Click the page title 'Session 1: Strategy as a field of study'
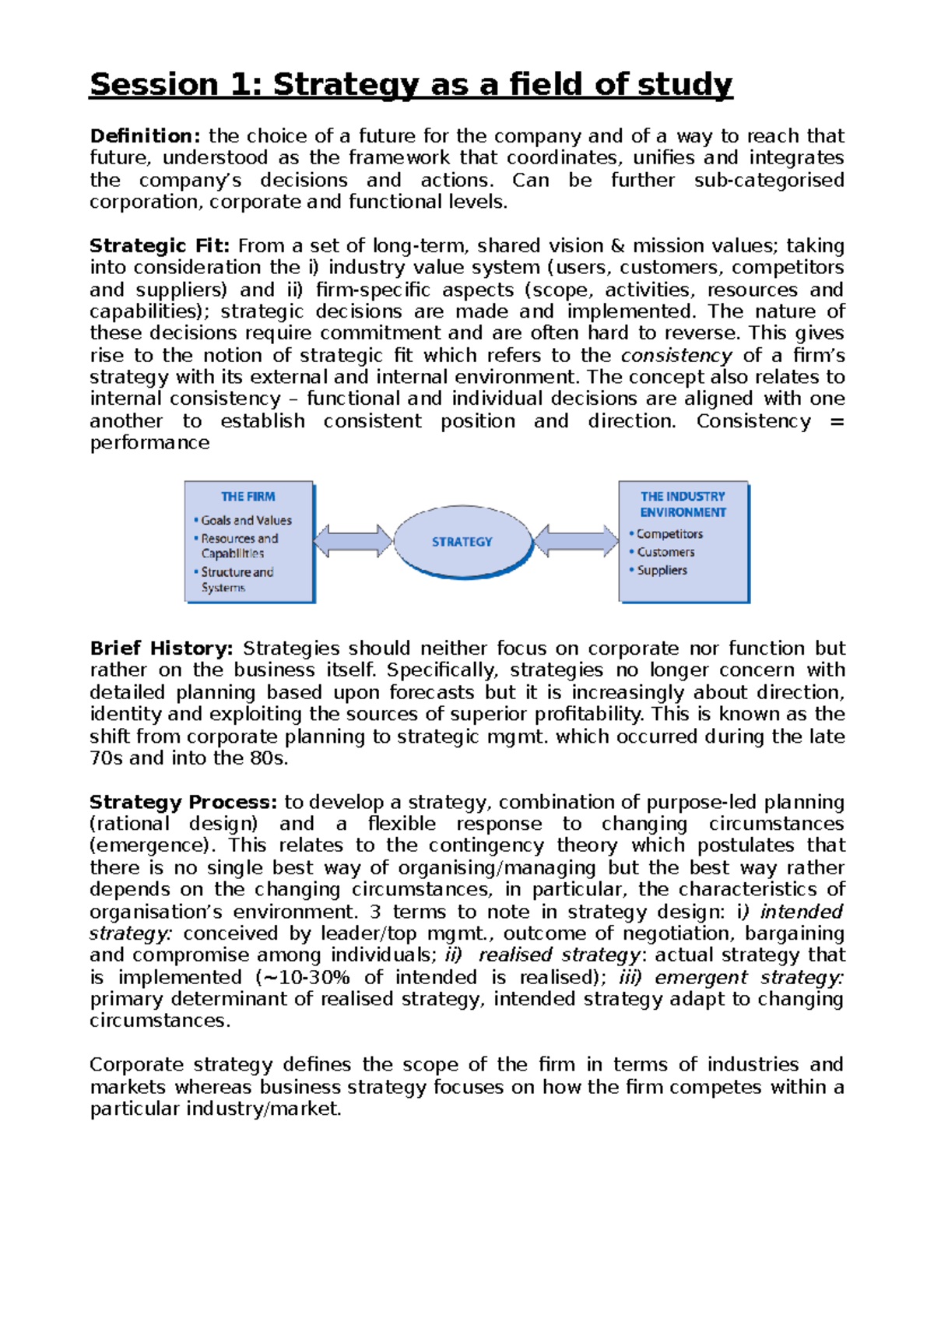[x=411, y=84]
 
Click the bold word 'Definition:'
[x=145, y=136]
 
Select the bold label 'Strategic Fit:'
[x=160, y=246]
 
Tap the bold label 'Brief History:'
[x=161, y=649]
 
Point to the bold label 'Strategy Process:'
[x=183, y=802]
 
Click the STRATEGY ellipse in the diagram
[x=462, y=542]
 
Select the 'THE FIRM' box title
[x=248, y=497]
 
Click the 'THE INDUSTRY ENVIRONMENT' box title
[x=683, y=505]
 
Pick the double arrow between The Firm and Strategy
[x=353, y=541]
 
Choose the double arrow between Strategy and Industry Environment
[x=577, y=541]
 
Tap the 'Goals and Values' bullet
[x=246, y=520]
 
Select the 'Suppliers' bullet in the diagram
[x=662, y=570]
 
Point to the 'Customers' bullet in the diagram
[x=665, y=552]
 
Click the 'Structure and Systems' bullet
[x=237, y=579]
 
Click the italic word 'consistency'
[x=676, y=356]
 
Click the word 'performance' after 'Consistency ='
[x=149, y=443]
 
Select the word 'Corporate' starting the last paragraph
[x=137, y=1064]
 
